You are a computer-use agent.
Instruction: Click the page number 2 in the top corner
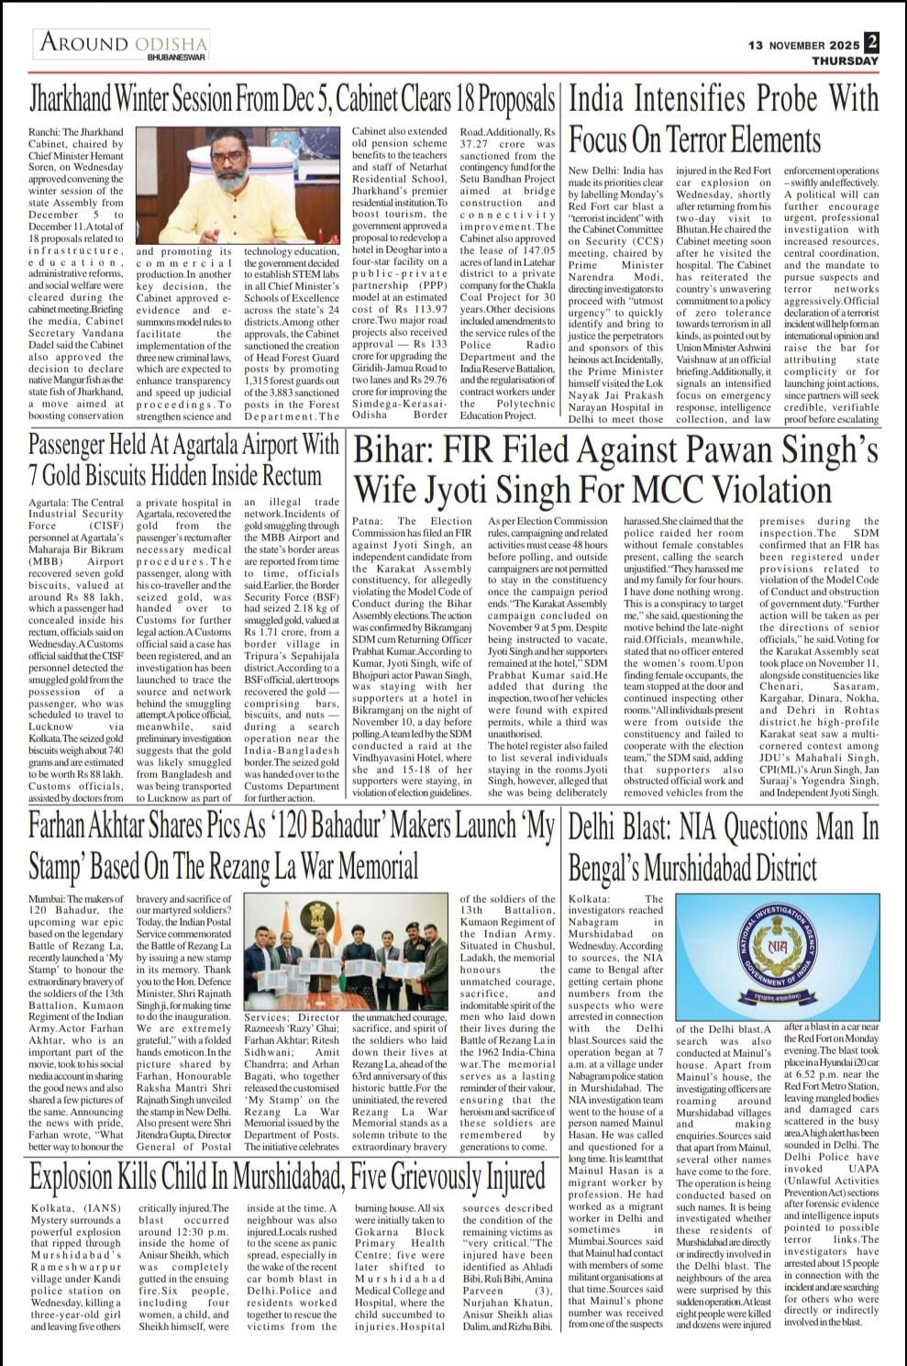[x=871, y=42]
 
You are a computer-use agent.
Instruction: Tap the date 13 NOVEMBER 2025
[x=803, y=45]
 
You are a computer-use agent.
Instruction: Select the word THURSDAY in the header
[x=845, y=61]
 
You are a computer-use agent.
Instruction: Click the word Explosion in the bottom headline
[x=78, y=1177]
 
